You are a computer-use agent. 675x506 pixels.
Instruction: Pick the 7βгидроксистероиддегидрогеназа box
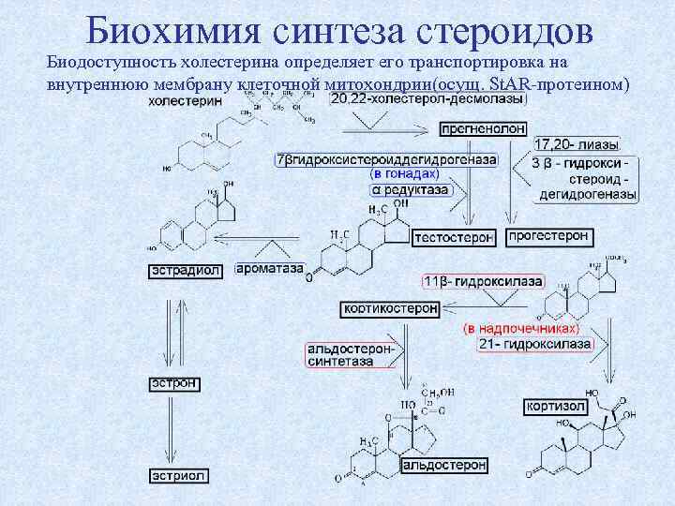(386, 159)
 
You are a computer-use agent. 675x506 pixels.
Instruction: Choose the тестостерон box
(454, 238)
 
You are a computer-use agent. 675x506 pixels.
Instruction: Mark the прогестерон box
(549, 237)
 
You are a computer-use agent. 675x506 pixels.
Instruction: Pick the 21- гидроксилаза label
(534, 344)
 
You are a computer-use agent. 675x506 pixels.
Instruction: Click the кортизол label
(557, 406)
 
